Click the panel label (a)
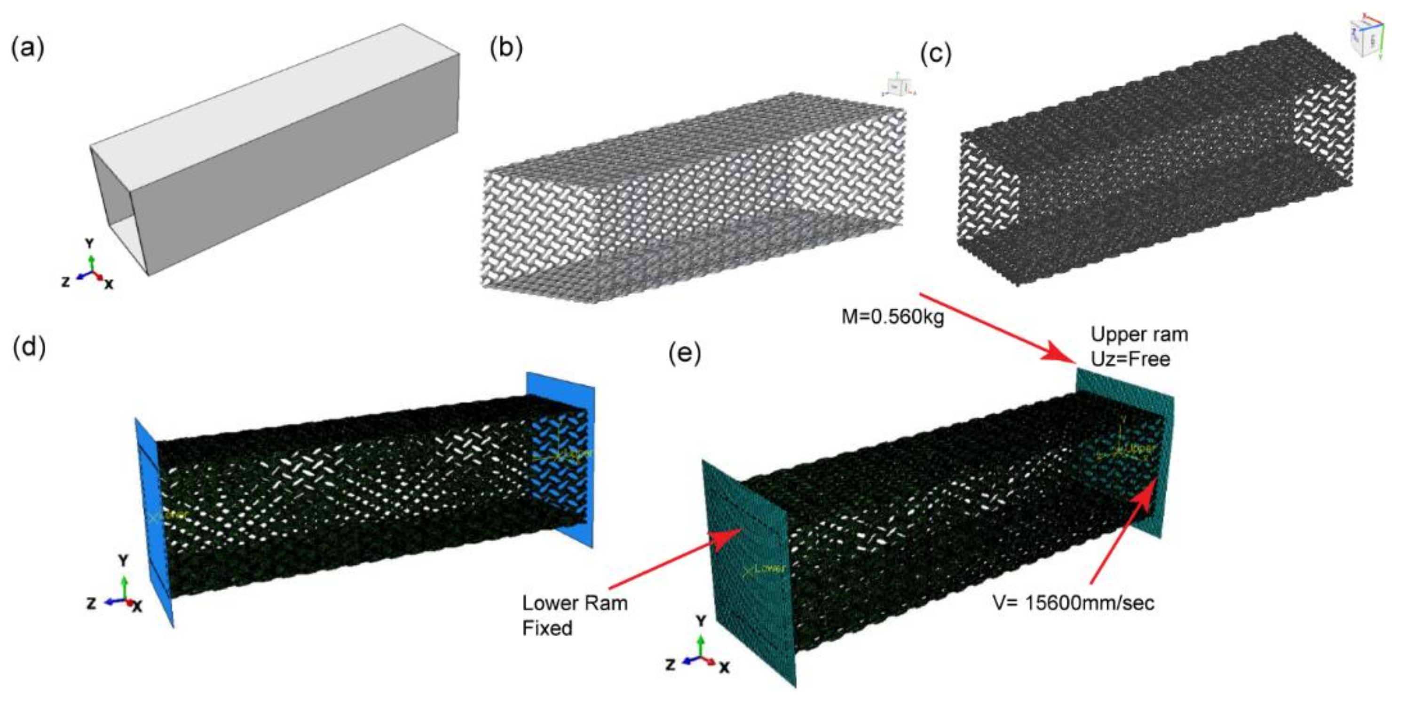[x=27, y=48]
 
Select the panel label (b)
[x=506, y=48]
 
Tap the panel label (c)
[x=936, y=55]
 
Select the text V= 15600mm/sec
[x=1074, y=602]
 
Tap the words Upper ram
[x=1139, y=335]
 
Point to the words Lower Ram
[x=575, y=602]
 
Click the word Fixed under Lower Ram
[x=547, y=628]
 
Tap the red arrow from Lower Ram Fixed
[x=674, y=557]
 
